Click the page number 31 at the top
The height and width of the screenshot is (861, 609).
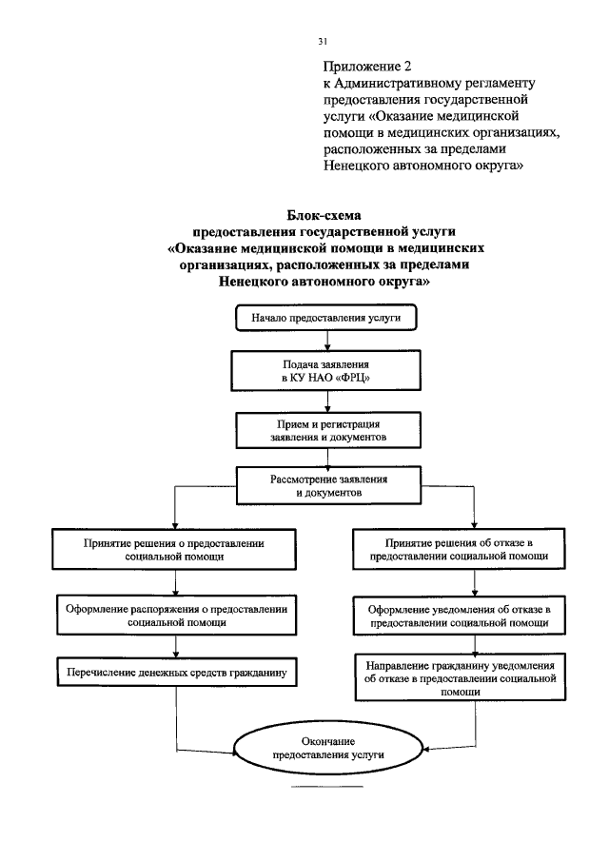[x=323, y=41]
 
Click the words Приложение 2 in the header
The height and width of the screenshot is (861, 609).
[x=366, y=67]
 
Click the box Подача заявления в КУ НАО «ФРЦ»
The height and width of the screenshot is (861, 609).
[x=326, y=371]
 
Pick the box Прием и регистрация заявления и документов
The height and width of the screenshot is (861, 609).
[x=326, y=429]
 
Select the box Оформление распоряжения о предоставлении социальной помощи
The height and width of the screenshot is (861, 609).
[x=176, y=612]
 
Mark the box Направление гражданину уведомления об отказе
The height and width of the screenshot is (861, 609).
[x=473, y=677]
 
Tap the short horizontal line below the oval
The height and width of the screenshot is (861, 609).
[x=326, y=789]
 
